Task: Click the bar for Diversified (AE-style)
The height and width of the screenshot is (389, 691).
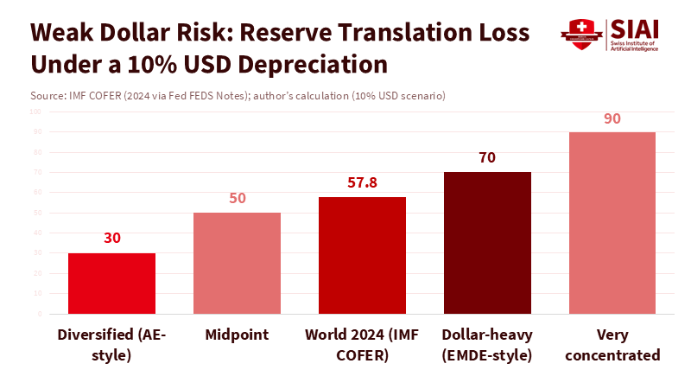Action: click(111, 284)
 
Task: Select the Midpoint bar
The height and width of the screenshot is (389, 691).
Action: click(237, 264)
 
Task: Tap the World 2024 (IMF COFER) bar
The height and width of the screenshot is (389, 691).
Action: click(362, 256)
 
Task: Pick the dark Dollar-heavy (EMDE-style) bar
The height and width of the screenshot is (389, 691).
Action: click(487, 243)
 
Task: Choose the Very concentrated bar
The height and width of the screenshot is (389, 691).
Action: click(612, 223)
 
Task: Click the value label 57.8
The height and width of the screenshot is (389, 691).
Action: click(362, 183)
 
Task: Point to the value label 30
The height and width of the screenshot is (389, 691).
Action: click(111, 239)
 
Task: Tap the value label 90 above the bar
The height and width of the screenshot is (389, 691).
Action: click(612, 118)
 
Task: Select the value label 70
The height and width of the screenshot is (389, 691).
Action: click(487, 158)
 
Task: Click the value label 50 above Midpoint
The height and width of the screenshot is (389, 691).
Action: click(237, 198)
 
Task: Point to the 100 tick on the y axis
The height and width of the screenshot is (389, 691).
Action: click(36, 112)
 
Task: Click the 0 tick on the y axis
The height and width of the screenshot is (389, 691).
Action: click(40, 314)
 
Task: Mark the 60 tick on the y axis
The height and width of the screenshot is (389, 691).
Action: click(38, 193)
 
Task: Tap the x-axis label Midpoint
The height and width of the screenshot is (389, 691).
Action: click(237, 335)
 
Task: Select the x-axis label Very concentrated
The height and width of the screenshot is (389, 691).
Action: click(612, 344)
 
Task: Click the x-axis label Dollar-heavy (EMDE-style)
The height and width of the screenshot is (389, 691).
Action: click(487, 344)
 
